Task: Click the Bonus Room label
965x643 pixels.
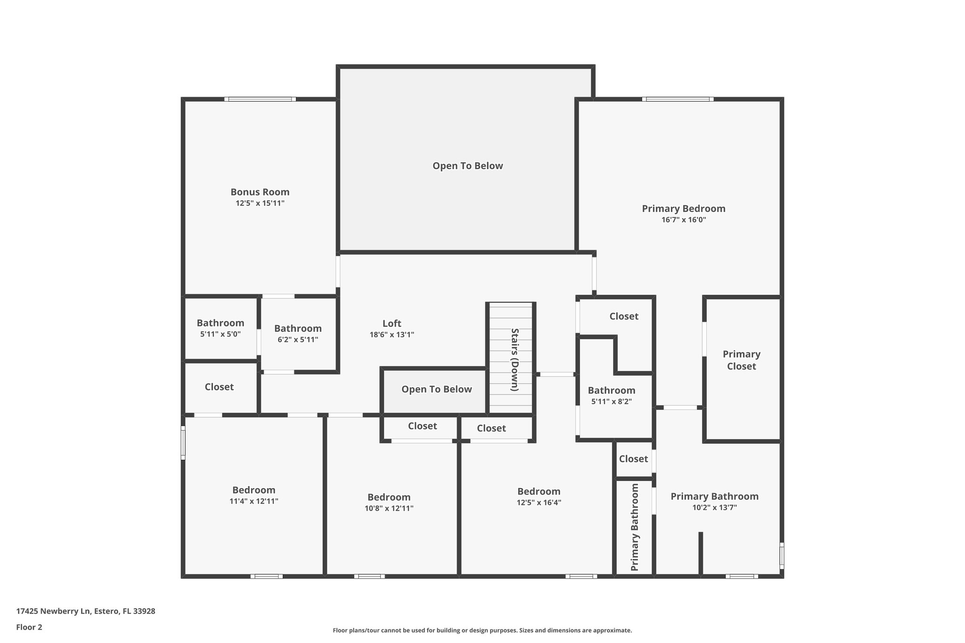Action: (260, 192)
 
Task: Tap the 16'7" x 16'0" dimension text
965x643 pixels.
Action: (684, 220)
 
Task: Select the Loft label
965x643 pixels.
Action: (392, 323)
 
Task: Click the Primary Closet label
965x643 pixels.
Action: (741, 360)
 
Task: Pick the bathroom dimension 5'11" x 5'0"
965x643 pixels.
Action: (220, 334)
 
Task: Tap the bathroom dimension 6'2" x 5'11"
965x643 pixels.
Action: (298, 340)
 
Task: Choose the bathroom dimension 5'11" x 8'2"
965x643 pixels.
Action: (611, 401)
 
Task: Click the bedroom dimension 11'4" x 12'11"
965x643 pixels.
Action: (254, 501)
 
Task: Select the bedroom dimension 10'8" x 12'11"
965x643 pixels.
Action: (389, 508)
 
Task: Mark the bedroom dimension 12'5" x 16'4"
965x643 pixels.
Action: (539, 503)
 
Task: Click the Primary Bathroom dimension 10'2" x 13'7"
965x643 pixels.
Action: (714, 507)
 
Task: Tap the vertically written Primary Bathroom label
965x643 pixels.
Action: (635, 527)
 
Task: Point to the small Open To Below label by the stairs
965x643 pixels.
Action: (436, 389)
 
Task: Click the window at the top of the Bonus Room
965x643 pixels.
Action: (260, 99)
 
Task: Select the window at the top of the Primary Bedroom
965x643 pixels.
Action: (678, 99)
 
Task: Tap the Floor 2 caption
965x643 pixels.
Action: (29, 627)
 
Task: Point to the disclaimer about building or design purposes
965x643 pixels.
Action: (482, 630)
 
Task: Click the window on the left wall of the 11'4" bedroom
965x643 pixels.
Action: (183, 442)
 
